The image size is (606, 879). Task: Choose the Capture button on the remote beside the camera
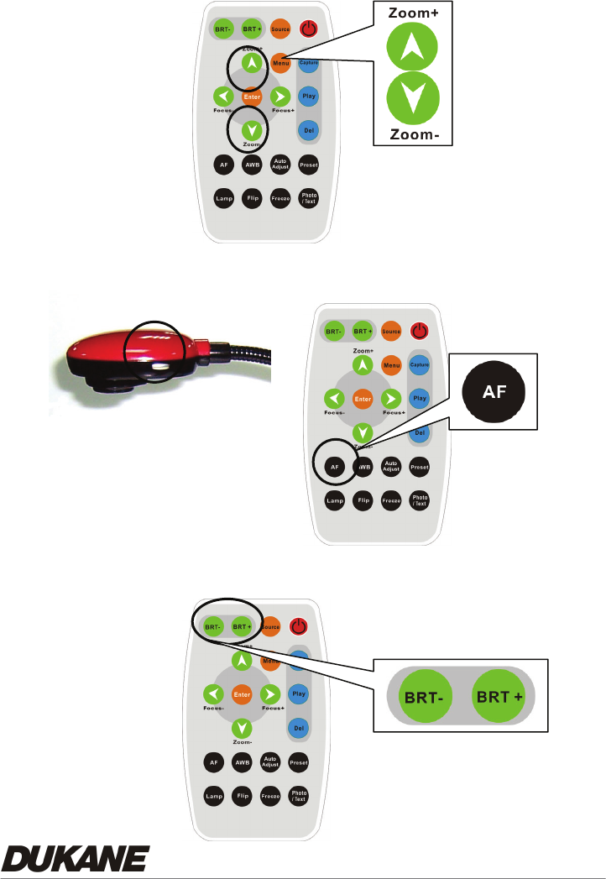pyautogui.click(x=419, y=366)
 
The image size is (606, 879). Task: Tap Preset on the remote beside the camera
pyautogui.click(x=419, y=466)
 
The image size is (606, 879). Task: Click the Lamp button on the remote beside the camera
pyautogui.click(x=336, y=500)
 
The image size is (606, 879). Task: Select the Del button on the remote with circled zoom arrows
pyautogui.click(x=308, y=131)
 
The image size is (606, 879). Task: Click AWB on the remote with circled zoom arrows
pyautogui.click(x=250, y=165)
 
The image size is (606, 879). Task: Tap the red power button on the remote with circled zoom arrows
pyautogui.click(x=309, y=29)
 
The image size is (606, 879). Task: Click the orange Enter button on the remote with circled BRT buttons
pyautogui.click(x=242, y=694)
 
